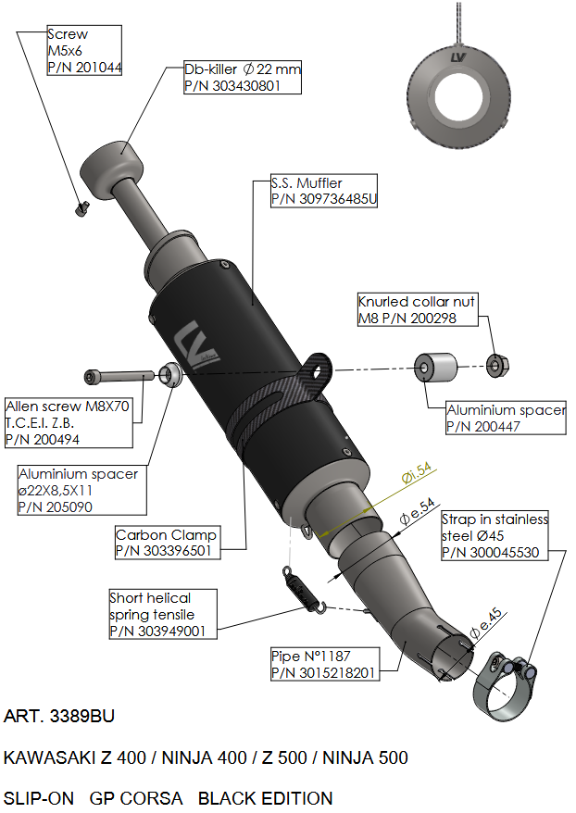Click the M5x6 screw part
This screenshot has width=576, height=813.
click(81, 208)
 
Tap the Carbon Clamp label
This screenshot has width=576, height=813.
click(167, 534)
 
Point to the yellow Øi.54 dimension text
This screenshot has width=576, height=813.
click(418, 475)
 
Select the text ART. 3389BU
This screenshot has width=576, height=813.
click(60, 717)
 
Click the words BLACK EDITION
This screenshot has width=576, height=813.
click(265, 797)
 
